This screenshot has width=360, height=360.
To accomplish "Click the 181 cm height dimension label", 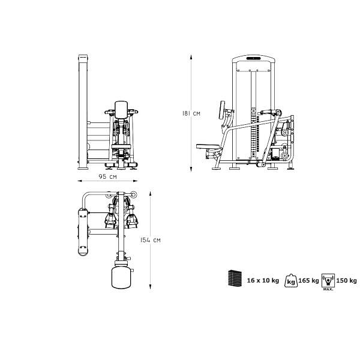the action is pos(191,113).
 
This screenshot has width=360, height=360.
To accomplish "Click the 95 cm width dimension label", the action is pos(107,176).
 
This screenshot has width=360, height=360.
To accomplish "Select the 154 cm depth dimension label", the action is pos(151,240).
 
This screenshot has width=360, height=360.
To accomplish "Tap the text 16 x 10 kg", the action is pos(263,280).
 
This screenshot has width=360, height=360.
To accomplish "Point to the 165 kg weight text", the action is pos(308,280).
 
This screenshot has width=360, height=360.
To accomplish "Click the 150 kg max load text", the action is pos(346,280).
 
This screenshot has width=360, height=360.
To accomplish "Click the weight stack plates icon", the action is pos(235,278).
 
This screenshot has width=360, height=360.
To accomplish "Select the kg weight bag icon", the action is pos(291,281).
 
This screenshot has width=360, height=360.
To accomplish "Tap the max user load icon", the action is pos(328,281).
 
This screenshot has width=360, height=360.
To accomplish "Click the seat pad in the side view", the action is pos(208,146).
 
